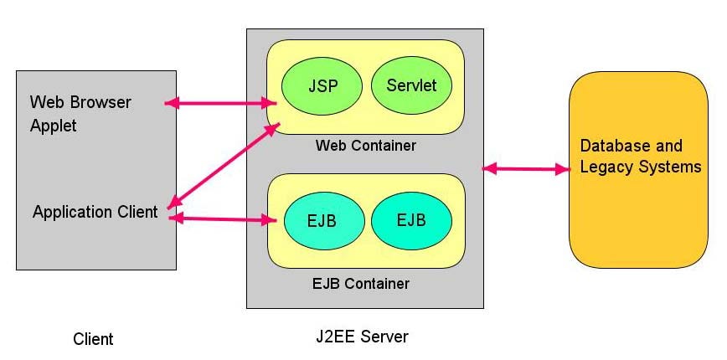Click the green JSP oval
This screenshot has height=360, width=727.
(322, 85)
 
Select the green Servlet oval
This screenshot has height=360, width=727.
(411, 85)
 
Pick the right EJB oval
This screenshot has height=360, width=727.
(411, 220)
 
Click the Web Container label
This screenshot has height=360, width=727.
(365, 146)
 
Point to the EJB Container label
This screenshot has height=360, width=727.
(365, 283)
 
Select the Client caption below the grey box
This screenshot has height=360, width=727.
(93, 339)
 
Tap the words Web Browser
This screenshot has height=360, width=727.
(80, 103)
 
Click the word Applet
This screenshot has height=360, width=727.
(53, 126)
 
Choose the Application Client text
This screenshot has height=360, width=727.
(95, 212)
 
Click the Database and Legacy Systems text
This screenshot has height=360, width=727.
(640, 157)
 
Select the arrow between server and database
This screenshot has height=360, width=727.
(526, 169)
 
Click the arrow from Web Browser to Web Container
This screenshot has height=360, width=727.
(221, 103)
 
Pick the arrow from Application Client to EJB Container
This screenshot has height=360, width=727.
(223, 219)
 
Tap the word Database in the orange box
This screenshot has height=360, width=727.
(612, 146)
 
